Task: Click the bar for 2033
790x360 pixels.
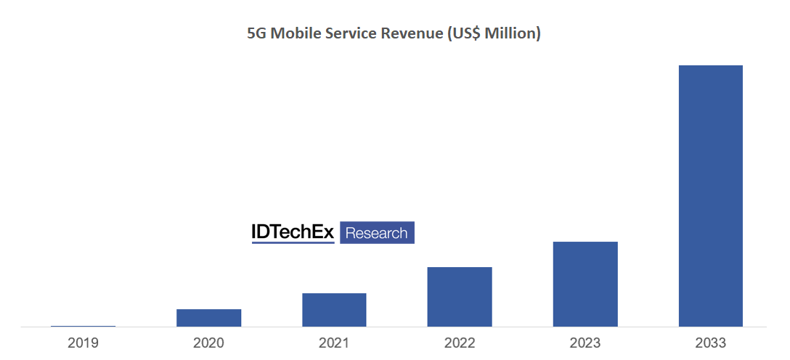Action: [710, 196]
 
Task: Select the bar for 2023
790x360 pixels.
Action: [585, 284]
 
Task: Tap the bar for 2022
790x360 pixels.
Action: [459, 297]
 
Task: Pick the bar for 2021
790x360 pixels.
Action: [334, 310]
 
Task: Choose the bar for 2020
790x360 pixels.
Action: [208, 318]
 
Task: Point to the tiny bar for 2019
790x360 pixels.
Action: [83, 326]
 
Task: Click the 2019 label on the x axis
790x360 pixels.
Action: [83, 343]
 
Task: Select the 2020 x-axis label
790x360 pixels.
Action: [208, 343]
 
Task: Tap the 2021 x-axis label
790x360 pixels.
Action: [334, 343]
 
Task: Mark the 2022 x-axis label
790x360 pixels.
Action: [459, 343]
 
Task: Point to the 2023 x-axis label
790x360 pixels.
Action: [585, 343]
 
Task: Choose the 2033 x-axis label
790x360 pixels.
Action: [710, 343]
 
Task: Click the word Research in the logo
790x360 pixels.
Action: [377, 233]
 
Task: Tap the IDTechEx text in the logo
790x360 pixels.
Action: [293, 232]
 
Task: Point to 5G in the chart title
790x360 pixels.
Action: [256, 34]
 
